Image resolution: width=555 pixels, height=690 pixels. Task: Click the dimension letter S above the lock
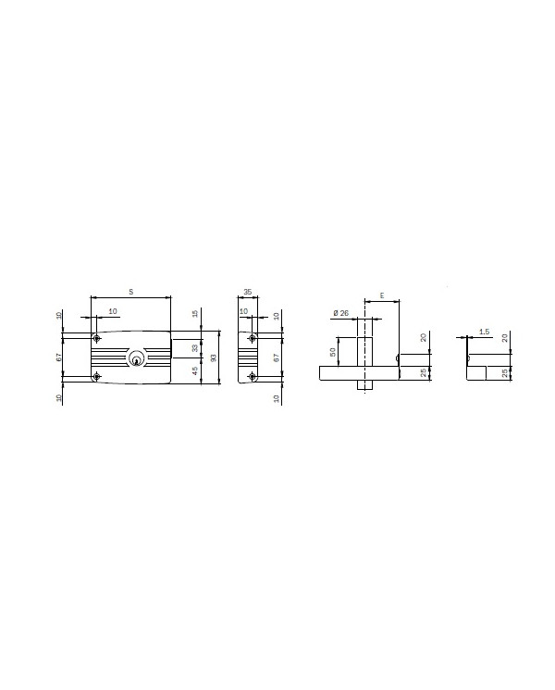[130, 292]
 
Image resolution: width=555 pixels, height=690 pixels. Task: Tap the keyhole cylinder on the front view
[138, 358]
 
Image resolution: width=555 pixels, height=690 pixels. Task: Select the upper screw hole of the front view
[97, 336]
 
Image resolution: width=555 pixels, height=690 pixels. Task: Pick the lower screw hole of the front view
[97, 375]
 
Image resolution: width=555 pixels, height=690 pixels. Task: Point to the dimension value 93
[213, 357]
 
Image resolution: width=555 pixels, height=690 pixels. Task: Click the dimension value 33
[195, 348]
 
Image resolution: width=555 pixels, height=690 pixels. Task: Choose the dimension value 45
[195, 370]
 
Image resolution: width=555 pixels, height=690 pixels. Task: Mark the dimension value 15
[195, 315]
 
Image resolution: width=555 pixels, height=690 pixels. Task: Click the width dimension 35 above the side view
[247, 292]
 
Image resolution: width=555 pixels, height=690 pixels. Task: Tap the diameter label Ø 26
[340, 313]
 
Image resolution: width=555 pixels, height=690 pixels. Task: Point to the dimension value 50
[333, 352]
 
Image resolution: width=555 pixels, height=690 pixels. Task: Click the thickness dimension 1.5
[485, 331]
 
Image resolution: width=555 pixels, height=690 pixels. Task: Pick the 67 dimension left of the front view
[57, 357]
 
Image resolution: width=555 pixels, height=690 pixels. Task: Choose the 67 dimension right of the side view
[277, 357]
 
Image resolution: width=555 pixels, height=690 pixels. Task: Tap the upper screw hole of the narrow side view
[253, 336]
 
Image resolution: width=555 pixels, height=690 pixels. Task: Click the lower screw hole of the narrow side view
[253, 375]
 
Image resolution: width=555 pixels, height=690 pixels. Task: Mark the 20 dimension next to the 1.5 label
[505, 337]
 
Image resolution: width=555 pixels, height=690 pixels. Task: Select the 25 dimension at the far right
[505, 372]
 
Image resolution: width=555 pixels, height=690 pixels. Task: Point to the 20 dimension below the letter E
[424, 337]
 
